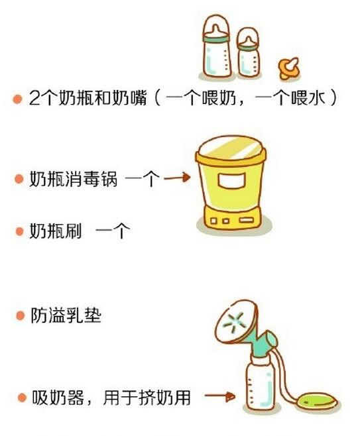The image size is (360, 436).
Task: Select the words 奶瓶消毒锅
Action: coord(73,179)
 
